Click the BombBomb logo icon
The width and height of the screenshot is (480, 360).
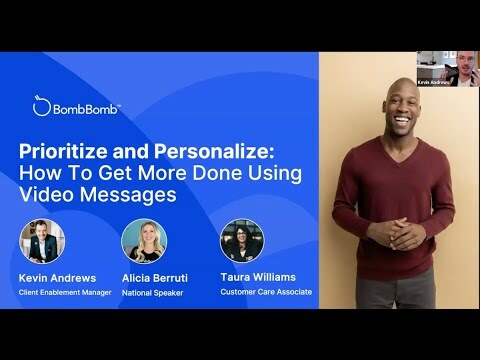point(40,106)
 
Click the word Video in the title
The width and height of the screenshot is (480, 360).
point(55,195)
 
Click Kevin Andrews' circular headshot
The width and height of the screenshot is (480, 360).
point(43,240)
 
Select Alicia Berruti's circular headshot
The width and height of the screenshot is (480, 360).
point(143,240)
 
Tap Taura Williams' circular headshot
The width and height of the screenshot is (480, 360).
point(241,240)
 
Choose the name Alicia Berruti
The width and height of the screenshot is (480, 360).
point(158,276)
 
